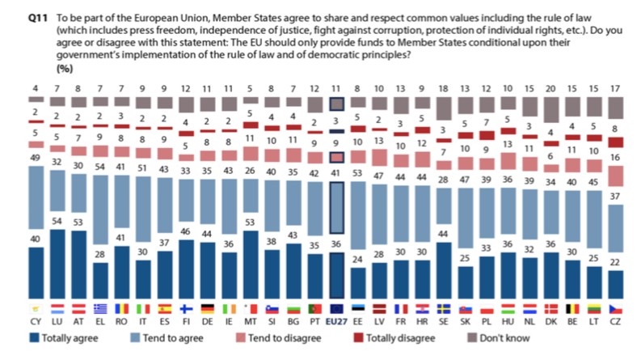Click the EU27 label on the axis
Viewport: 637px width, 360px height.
pos(338,320)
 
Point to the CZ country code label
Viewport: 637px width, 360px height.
pos(616,320)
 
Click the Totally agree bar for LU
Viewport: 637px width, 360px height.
pos(57,265)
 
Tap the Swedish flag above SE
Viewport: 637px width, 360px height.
pos(443,308)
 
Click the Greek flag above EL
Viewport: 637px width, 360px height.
pos(99,308)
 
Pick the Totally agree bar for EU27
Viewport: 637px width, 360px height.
pos(338,277)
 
